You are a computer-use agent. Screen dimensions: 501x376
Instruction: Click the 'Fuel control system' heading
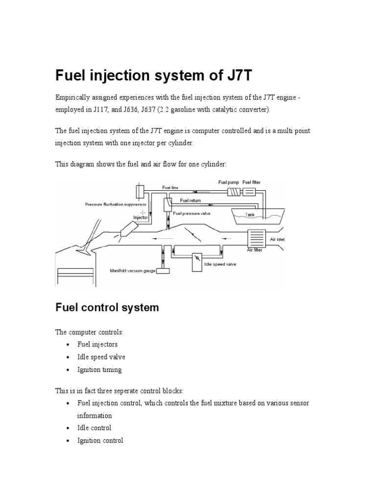107,308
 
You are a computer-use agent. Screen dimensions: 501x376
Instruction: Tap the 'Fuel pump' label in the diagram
229,182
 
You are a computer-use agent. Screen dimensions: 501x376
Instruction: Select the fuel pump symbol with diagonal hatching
234,192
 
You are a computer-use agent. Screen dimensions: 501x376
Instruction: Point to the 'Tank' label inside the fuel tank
251,214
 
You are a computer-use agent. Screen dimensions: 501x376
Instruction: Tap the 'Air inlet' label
277,240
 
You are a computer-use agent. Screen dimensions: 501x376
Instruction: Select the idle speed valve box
197,257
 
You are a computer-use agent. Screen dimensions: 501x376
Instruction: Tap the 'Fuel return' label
190,200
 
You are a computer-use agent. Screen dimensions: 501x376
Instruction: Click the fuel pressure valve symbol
168,203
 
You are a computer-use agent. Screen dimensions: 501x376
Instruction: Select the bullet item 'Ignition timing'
99,369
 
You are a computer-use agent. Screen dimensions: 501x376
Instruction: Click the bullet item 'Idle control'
94,428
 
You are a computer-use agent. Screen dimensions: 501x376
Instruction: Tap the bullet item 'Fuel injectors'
97,344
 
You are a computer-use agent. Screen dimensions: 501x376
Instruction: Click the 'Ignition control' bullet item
100,440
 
